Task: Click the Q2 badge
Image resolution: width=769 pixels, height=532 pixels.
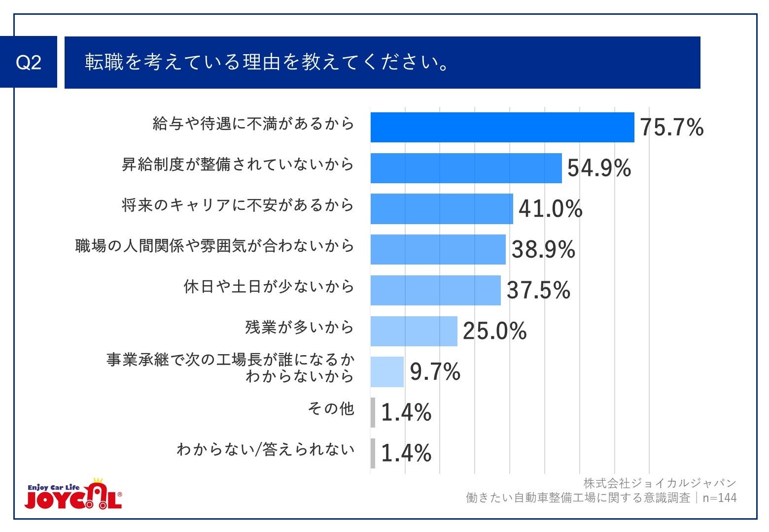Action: [x=29, y=62]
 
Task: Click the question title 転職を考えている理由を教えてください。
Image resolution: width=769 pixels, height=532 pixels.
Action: [x=266, y=62]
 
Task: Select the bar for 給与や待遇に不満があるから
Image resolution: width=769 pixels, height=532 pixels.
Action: [x=502, y=127]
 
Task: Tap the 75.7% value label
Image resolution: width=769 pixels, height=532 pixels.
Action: [x=671, y=127]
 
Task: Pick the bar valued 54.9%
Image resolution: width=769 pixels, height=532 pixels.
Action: [x=466, y=168]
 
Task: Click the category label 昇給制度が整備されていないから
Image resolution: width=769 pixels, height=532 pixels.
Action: [x=238, y=164]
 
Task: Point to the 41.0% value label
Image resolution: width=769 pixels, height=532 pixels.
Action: [x=550, y=208]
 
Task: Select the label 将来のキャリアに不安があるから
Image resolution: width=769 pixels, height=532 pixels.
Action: [x=238, y=205]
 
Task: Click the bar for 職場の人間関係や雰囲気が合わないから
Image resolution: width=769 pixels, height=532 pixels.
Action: [x=438, y=249]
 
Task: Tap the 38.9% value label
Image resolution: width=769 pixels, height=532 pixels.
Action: [x=543, y=249]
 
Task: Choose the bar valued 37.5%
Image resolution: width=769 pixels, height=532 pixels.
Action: [x=435, y=290]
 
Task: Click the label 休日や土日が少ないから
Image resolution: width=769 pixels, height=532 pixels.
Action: [x=269, y=286]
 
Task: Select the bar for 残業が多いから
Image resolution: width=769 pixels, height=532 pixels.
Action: [x=414, y=331]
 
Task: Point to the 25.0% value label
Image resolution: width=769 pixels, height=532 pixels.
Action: [x=494, y=331]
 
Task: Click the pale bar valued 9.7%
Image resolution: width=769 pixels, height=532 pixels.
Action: [x=387, y=372]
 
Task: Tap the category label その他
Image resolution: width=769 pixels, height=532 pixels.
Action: [x=331, y=408]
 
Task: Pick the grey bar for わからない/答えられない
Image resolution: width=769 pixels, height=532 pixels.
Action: [x=373, y=453]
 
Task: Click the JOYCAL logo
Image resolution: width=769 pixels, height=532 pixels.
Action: [x=73, y=494]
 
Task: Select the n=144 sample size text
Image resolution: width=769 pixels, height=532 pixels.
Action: [x=719, y=498]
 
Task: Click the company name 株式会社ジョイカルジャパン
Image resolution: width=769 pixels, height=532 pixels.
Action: [x=660, y=483]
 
